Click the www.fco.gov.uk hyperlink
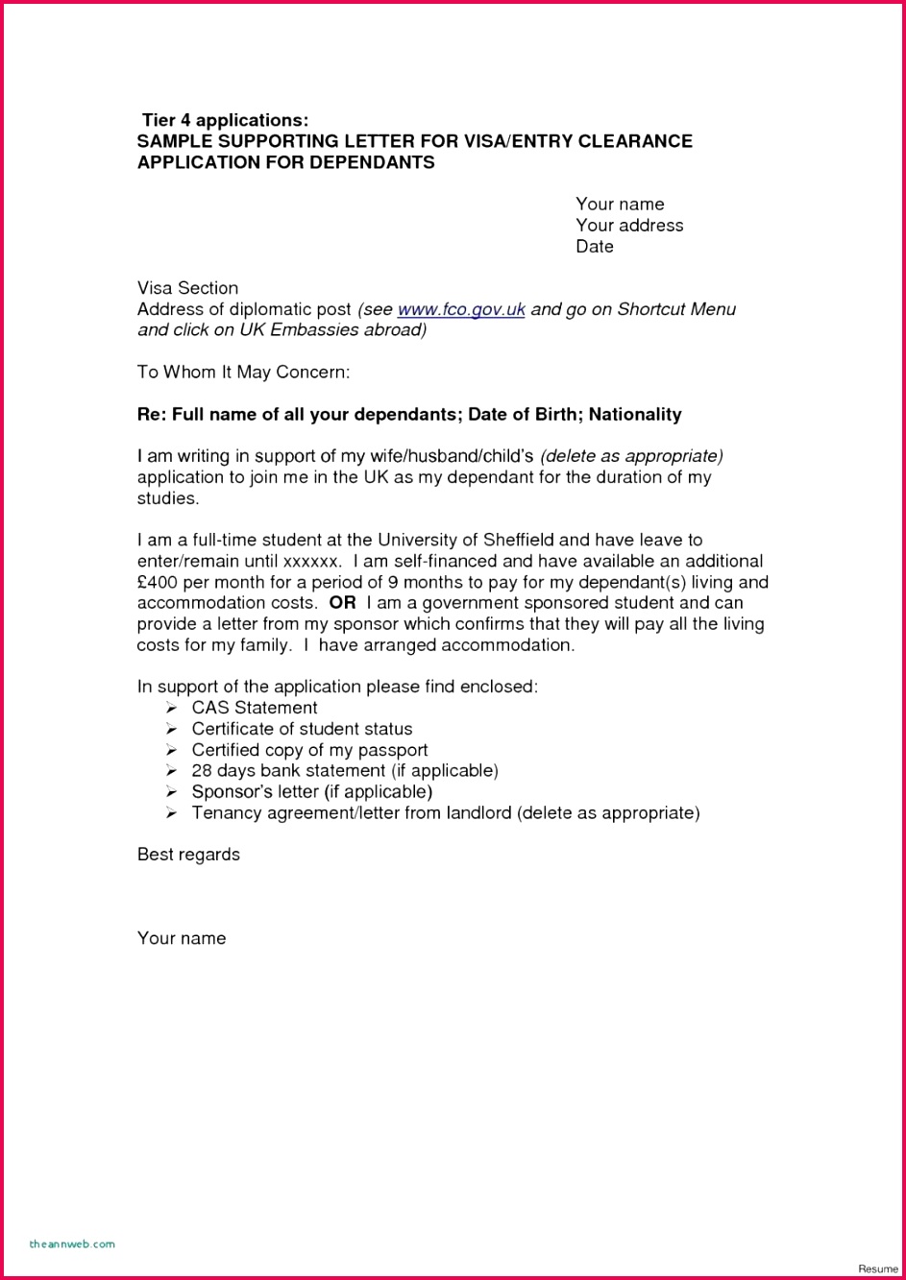click(x=461, y=309)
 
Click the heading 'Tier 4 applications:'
click(x=226, y=120)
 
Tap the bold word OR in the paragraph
click(x=342, y=603)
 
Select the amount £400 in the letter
click(x=157, y=582)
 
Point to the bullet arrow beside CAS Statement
click(x=171, y=708)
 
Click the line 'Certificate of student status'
click(x=302, y=729)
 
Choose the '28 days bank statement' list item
click(x=345, y=771)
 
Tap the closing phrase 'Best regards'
click(x=188, y=855)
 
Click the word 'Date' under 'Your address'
click(x=595, y=247)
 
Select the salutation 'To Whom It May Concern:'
click(x=243, y=372)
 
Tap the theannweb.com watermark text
click(x=72, y=1244)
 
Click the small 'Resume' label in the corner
click(x=877, y=1268)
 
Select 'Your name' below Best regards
click(x=182, y=938)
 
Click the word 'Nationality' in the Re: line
click(x=635, y=415)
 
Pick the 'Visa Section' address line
click(x=187, y=288)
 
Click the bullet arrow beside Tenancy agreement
click(x=171, y=813)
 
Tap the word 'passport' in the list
click(x=392, y=750)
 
